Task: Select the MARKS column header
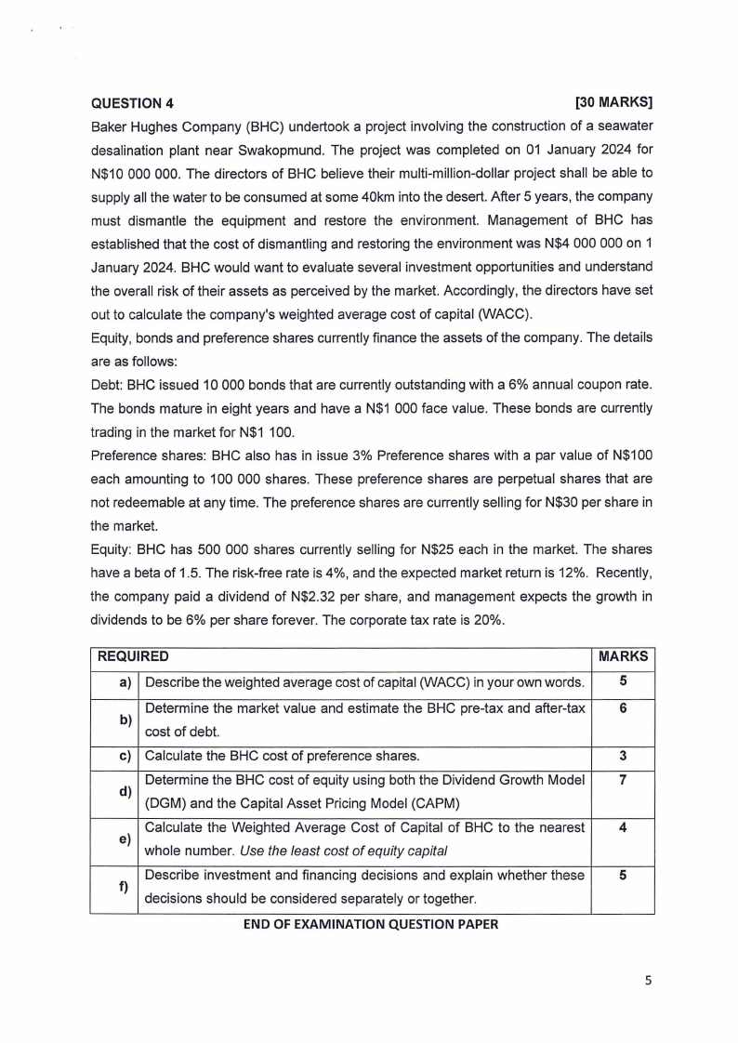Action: (623, 656)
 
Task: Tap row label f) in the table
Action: (124, 886)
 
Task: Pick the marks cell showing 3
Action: (623, 755)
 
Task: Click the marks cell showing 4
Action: (623, 826)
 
